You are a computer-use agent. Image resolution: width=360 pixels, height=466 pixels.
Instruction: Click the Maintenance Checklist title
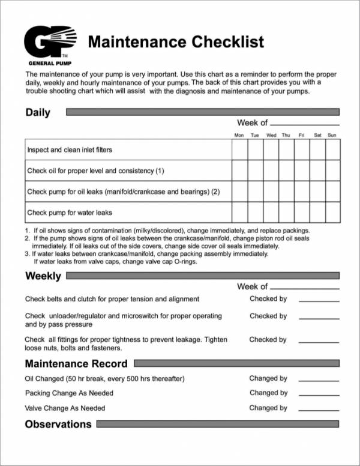(x=176, y=42)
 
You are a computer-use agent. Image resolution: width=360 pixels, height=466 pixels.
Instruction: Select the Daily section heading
(x=38, y=112)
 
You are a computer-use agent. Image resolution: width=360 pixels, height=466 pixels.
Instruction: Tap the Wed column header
(x=271, y=136)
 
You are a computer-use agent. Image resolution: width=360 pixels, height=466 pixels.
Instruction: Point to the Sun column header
(x=332, y=136)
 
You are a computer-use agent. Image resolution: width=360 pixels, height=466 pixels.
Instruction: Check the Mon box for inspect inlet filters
(x=239, y=150)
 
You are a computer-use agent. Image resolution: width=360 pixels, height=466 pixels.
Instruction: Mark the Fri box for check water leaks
(x=302, y=212)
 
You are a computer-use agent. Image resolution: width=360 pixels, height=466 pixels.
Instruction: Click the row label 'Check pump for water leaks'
(x=70, y=213)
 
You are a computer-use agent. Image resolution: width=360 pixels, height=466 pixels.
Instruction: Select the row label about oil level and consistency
(x=95, y=171)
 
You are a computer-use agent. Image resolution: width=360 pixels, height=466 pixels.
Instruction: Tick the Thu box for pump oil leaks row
(x=286, y=192)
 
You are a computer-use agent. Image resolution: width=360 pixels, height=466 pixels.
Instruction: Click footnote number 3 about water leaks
(x=28, y=254)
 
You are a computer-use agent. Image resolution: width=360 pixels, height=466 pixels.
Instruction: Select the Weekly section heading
(x=43, y=276)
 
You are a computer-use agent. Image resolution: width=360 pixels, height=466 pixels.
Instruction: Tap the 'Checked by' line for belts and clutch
(x=319, y=300)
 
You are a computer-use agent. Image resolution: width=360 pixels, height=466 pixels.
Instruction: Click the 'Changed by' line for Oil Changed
(x=319, y=380)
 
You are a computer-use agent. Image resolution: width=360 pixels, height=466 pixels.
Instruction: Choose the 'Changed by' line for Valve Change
(x=319, y=410)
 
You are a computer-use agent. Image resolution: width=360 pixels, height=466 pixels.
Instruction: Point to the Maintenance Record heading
(x=76, y=363)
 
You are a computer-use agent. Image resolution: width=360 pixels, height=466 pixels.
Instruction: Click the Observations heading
(x=58, y=424)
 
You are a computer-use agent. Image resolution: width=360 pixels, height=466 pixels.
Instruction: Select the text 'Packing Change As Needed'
(x=69, y=393)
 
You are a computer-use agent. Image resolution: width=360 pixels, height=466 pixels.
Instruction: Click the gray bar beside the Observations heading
(x=218, y=424)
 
